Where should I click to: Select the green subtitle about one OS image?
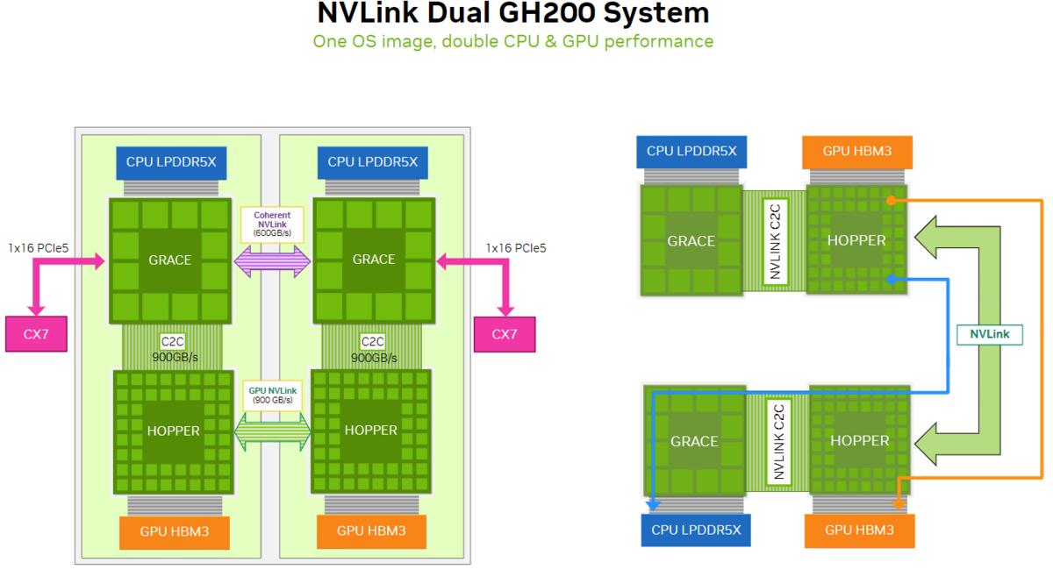512,41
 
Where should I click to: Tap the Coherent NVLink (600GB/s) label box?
272,224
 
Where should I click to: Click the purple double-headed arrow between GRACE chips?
273,260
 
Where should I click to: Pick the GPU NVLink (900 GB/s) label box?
272,395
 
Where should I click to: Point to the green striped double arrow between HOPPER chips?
273,431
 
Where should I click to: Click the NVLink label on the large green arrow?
989,334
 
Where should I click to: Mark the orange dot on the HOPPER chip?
891,201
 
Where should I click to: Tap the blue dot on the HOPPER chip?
891,280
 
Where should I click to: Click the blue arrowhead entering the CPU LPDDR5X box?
653,505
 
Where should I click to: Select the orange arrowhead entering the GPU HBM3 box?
898,504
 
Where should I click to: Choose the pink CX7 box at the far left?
36,334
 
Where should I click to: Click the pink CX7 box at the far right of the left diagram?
504,334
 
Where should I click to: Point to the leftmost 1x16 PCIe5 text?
38,248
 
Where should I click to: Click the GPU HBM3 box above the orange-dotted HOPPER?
857,151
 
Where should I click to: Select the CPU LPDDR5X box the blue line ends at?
696,530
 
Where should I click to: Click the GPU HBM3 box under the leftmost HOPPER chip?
174,531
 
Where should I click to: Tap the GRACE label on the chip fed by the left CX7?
170,260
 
